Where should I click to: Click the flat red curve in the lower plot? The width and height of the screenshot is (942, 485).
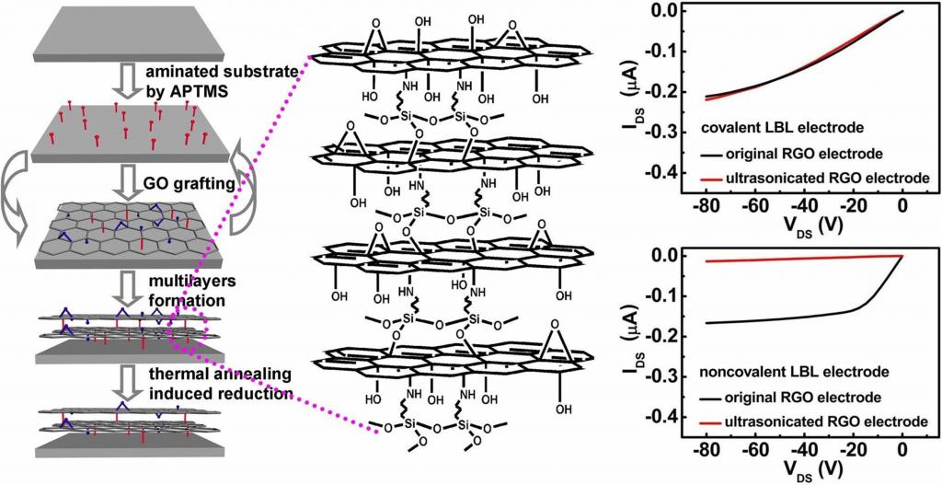pyautogui.click(x=791, y=260)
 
